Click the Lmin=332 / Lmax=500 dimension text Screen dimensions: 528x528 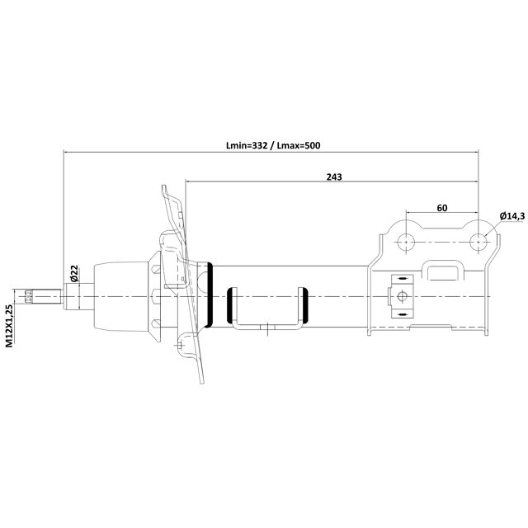coord(273,145)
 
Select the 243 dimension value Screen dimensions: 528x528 coord(334,177)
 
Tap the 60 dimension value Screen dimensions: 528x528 coord(442,208)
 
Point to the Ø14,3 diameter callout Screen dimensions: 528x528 coord(512,216)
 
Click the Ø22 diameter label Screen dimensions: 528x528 coord(74,273)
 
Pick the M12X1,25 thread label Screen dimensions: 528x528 coord(9,325)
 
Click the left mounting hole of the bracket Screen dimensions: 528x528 coord(406,242)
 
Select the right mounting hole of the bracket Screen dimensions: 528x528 coord(478,242)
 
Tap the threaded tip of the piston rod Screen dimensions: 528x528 coord(27,296)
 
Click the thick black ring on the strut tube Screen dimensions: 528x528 coord(210,295)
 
